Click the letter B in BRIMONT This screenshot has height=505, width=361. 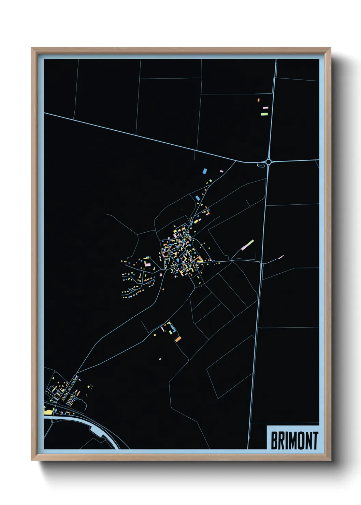pos(274,441)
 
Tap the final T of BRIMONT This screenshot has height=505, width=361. pos(315,441)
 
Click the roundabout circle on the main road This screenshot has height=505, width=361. pos(269,162)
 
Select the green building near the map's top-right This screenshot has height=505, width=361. pos(264,114)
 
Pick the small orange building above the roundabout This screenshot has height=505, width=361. pos(259,100)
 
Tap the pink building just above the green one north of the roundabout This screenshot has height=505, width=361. pos(265,108)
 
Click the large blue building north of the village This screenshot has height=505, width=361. pos(205,171)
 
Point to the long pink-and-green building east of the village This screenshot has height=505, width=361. pos(248,245)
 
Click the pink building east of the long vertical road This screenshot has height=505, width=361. pos(281,257)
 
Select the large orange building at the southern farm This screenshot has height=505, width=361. pos(178,339)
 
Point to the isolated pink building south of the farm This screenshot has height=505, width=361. pos(160,359)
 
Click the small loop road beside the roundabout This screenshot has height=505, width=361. pos(260,165)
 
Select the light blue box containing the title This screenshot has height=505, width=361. pos(293,438)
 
